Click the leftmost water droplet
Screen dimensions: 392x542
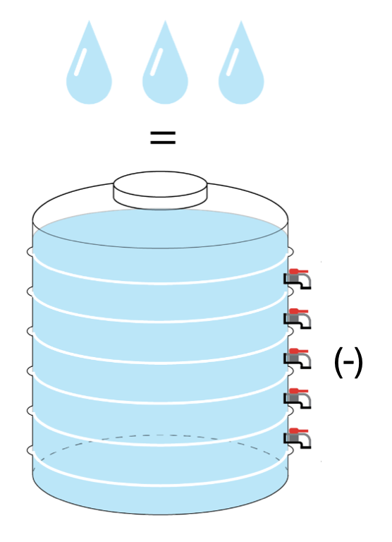89,69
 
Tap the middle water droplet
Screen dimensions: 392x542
165,69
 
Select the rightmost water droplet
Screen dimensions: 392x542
241,69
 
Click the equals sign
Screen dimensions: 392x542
163,138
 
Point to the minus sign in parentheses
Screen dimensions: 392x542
349,362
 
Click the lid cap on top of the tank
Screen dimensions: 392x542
160,190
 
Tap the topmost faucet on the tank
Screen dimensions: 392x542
298,279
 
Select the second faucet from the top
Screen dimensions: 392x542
298,318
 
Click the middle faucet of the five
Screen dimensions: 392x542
298,358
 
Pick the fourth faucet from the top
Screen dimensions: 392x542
298,398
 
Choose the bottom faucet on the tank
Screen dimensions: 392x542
298,438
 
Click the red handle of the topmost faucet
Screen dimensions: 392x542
298,271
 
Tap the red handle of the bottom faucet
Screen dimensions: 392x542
298,430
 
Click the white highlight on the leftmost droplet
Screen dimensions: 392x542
80,62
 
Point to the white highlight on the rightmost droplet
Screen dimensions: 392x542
233,62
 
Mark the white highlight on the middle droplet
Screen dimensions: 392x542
157,62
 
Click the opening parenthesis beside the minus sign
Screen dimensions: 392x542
338,363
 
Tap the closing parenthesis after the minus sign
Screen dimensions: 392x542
359,363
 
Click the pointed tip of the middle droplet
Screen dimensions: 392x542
165,20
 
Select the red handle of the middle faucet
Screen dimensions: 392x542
298,351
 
